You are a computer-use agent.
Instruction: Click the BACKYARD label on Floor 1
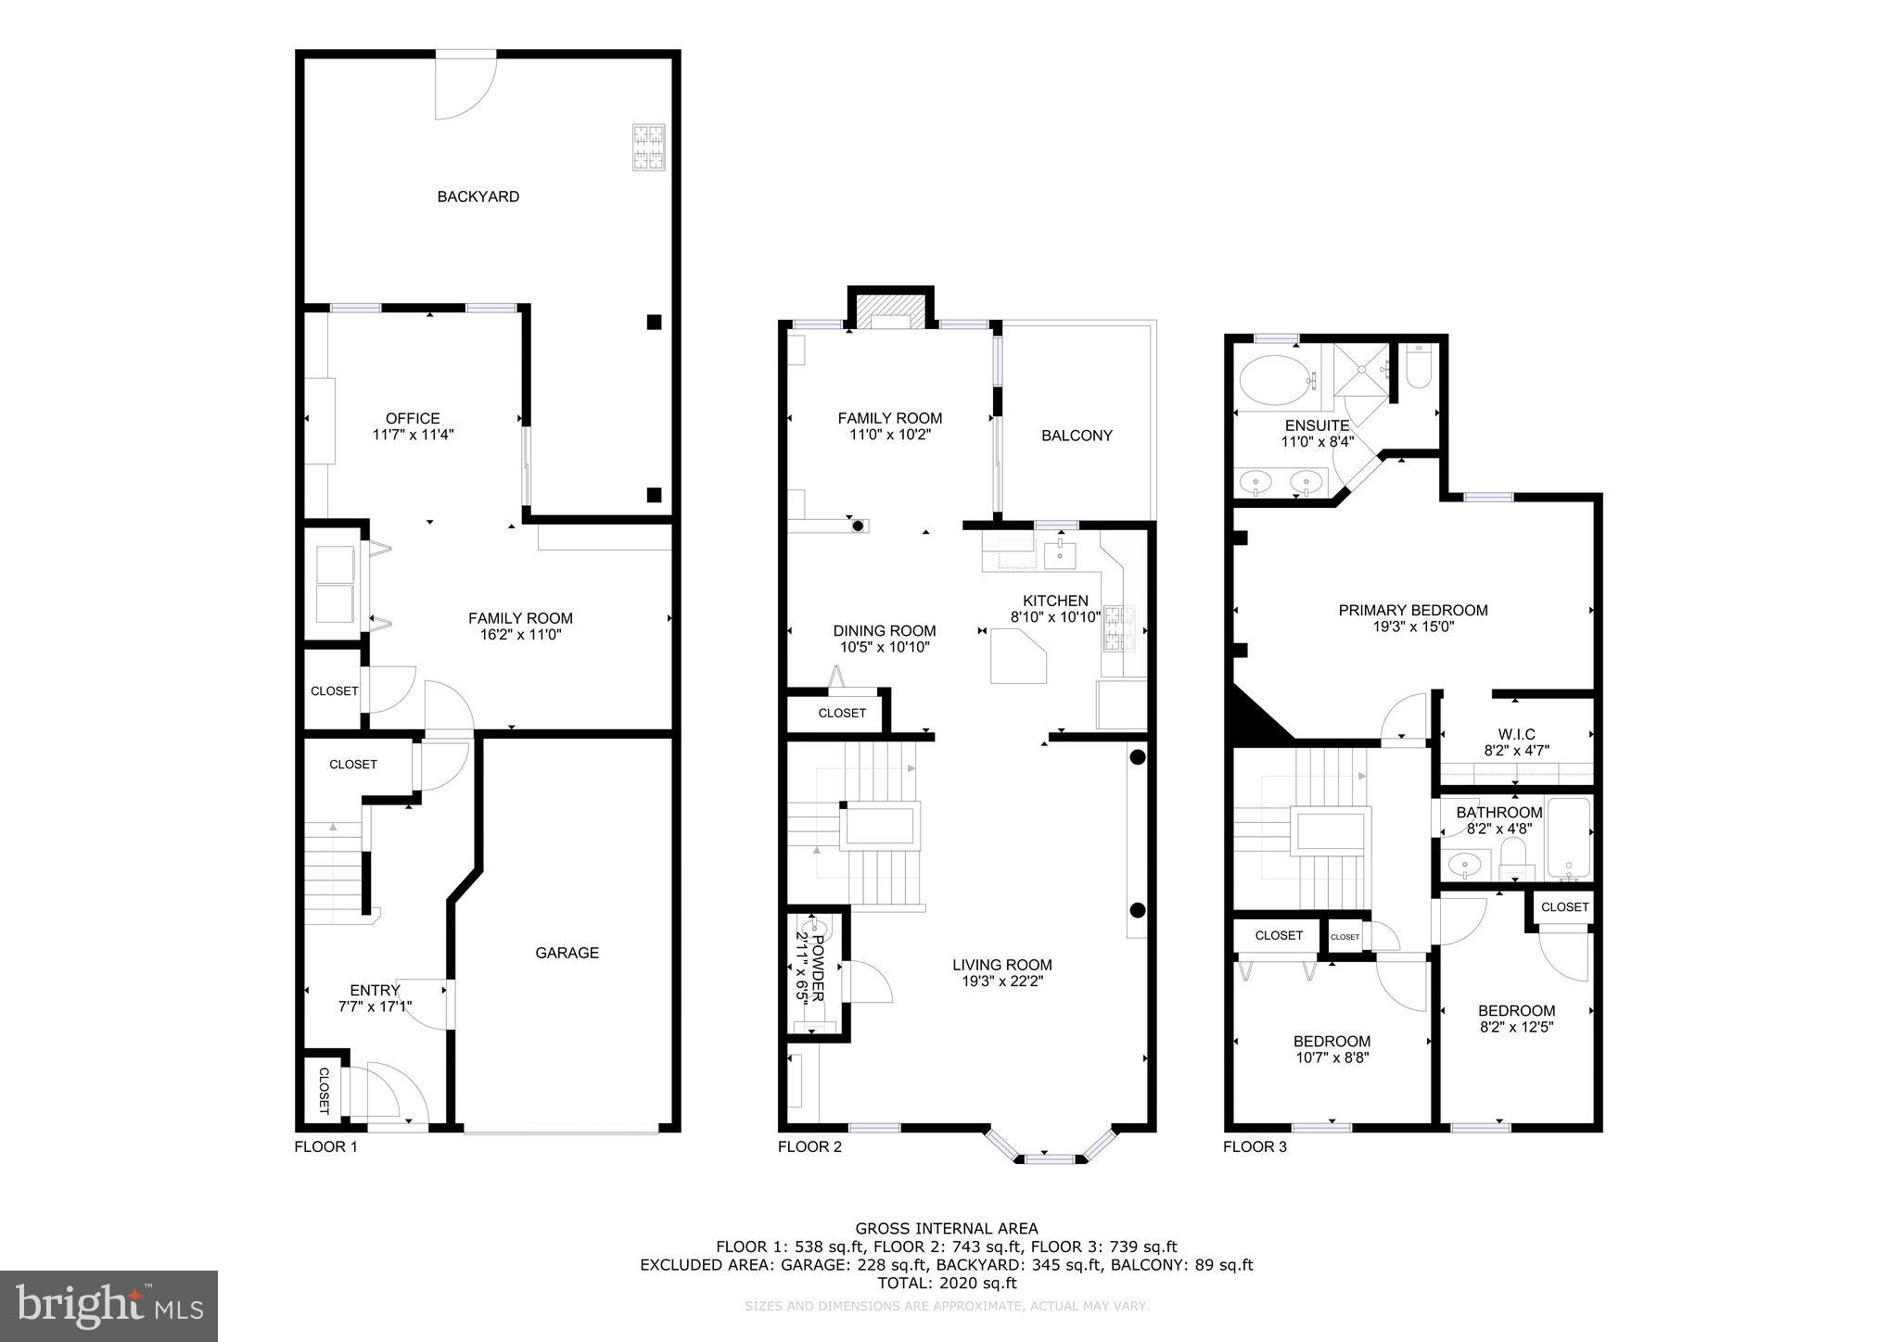478,196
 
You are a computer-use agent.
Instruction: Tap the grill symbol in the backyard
649,147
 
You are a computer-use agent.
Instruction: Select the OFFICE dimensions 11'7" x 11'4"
413,434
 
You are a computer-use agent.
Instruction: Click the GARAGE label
567,953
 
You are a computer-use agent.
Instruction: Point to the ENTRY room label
375,991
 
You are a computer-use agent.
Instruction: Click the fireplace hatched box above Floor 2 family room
890,310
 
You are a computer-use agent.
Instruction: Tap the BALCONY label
1077,436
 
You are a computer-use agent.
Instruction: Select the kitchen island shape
1017,655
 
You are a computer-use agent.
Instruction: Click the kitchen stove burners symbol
1113,629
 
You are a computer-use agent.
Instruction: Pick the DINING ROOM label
884,631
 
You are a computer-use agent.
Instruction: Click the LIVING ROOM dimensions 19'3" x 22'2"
1001,981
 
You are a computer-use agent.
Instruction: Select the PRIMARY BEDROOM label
1412,611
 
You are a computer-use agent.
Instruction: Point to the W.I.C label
1516,735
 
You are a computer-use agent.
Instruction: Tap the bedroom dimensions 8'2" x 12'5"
1516,1027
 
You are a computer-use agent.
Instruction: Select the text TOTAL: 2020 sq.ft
946,1284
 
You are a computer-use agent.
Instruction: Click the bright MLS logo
108,1306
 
